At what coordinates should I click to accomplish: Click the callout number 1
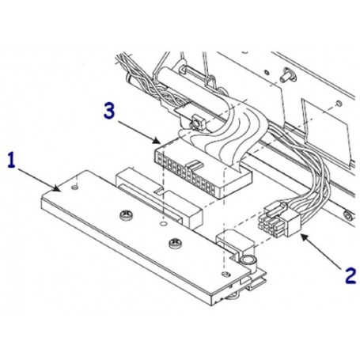11,160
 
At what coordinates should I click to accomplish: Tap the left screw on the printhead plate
123,215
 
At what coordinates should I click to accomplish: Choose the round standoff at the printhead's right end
247,260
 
